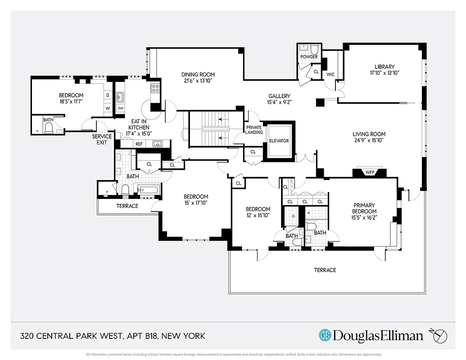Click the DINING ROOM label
click(198, 75)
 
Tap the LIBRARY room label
click(385, 67)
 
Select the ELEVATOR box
click(279, 141)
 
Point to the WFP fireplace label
click(370, 172)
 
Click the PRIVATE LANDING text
click(253, 130)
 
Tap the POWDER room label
click(309, 57)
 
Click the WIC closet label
click(330, 74)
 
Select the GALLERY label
click(279, 96)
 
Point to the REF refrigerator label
click(139, 144)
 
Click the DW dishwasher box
click(120, 108)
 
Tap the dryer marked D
click(108, 95)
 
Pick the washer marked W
click(108, 108)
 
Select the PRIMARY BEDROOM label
click(364, 208)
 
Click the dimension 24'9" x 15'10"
click(369, 140)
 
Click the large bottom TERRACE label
click(325, 270)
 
